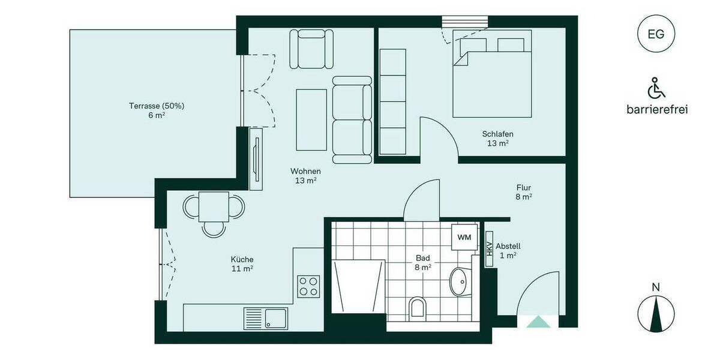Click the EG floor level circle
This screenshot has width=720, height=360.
pos(656,34)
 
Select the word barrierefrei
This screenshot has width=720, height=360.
pos(656,109)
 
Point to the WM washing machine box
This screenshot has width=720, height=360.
pos(464,238)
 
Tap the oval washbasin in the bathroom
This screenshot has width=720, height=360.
pos(460,280)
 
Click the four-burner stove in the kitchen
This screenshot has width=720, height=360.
pos(309,286)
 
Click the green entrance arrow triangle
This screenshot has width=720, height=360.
pos(538,322)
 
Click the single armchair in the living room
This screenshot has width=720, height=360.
pos(311,50)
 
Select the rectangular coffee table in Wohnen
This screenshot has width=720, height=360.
pos(311,120)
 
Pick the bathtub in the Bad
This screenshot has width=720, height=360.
pos(358,286)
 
